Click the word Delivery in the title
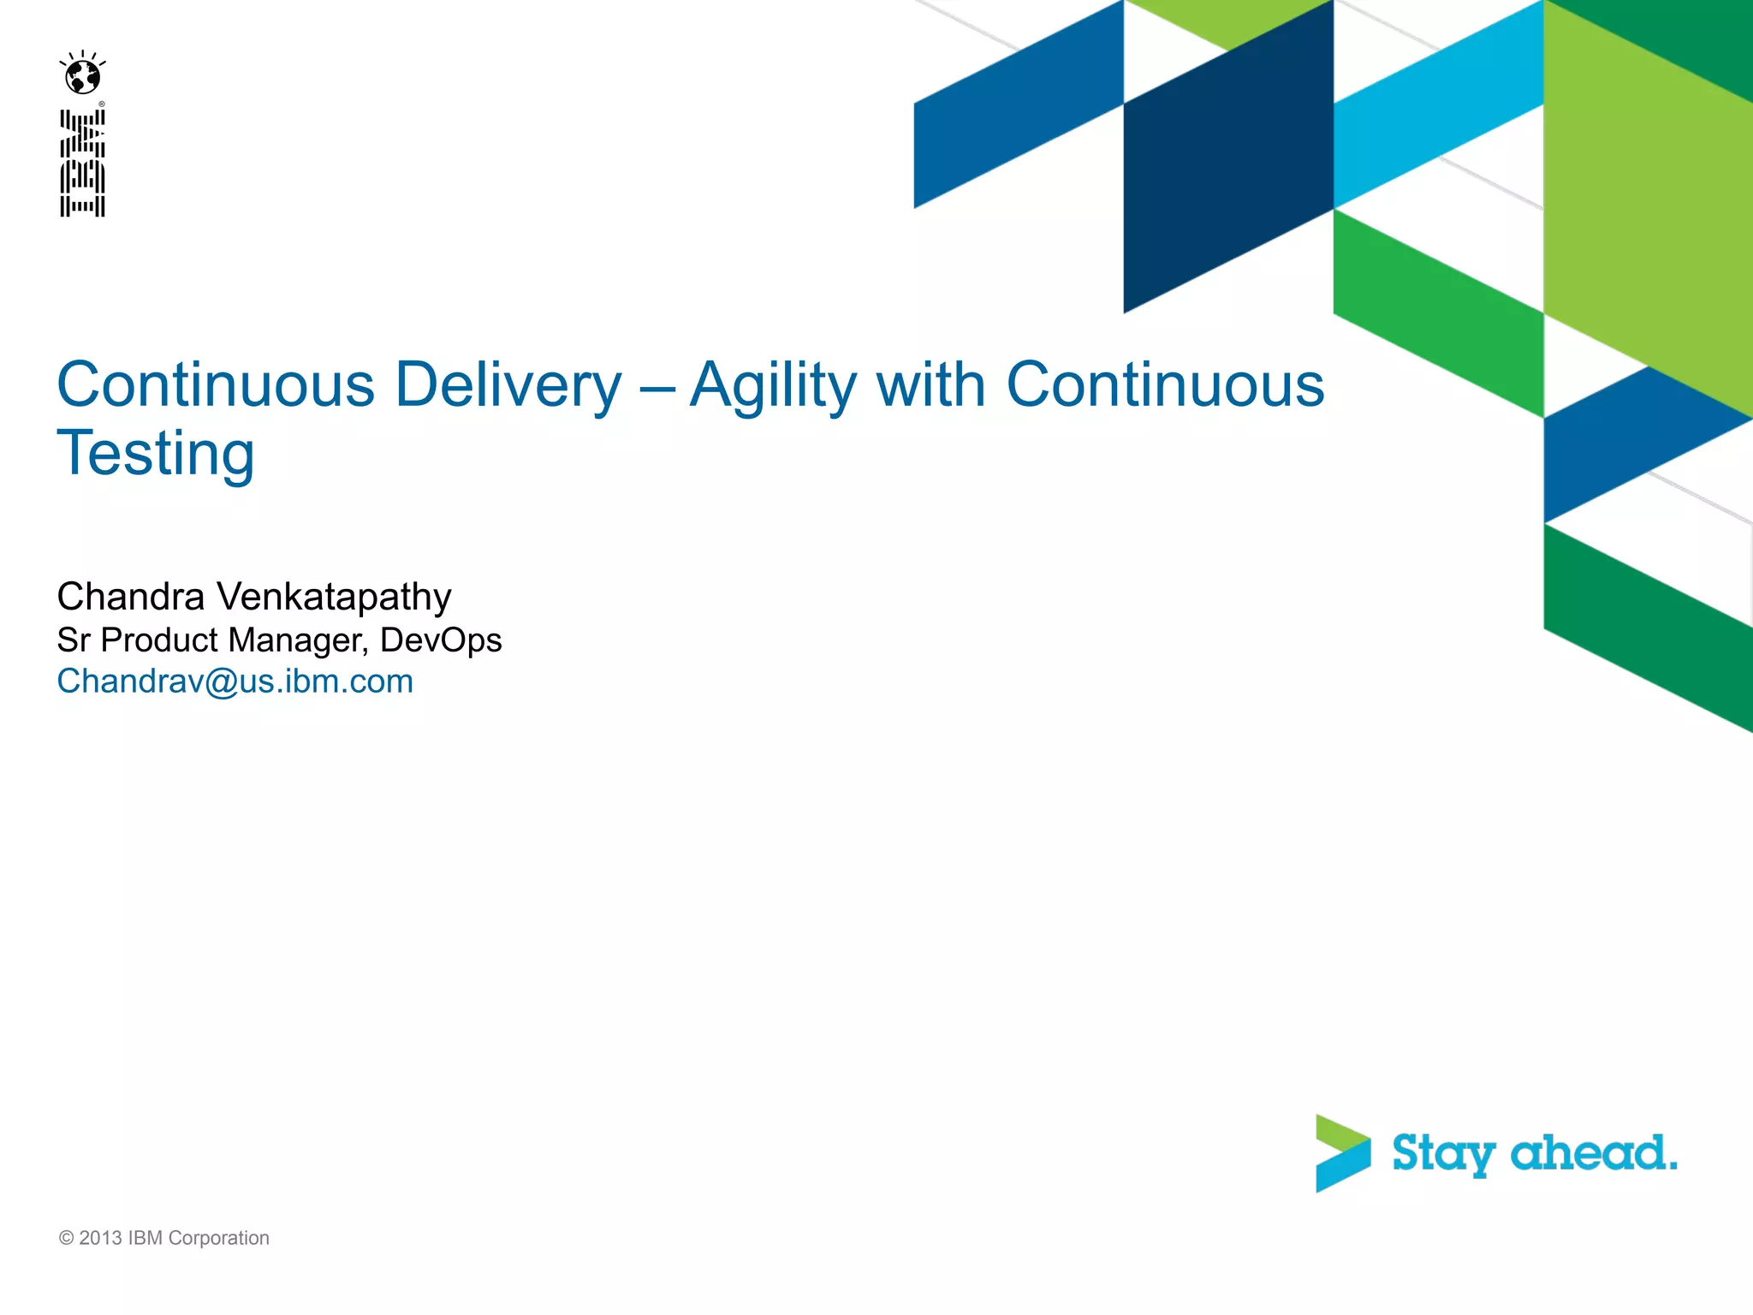click(508, 385)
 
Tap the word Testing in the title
click(156, 454)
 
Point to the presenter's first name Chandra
click(130, 597)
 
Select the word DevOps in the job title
click(441, 640)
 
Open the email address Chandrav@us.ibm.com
click(235, 681)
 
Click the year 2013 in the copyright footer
click(100, 1238)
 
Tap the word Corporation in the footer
click(218, 1238)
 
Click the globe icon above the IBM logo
click(83, 75)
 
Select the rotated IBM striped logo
click(83, 163)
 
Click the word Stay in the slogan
click(1443, 1154)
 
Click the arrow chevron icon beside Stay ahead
click(1342, 1153)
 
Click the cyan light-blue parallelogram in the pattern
click(1438, 107)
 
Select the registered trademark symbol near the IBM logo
click(102, 104)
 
